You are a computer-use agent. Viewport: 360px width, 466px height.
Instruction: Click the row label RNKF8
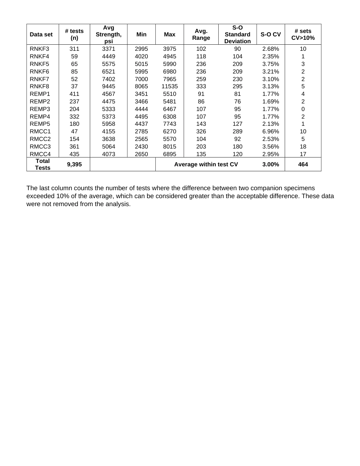point(39,86)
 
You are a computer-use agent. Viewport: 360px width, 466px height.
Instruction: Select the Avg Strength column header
point(108,34)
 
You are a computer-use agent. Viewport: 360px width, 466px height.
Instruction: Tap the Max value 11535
point(169,86)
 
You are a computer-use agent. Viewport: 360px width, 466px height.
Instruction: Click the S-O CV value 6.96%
point(271,131)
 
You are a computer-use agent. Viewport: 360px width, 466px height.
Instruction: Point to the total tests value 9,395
point(74,164)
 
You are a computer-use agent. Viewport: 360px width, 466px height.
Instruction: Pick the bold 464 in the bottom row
point(303,164)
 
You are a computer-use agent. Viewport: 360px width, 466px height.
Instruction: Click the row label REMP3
point(40,109)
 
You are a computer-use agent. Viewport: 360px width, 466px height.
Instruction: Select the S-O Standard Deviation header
point(237,34)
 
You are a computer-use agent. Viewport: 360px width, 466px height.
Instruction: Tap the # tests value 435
point(74,154)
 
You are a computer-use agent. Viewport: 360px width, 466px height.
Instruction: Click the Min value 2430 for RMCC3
point(141,147)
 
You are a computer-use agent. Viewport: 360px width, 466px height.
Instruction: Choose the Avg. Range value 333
point(201,86)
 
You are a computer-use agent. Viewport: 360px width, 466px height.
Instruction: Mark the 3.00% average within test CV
point(271,164)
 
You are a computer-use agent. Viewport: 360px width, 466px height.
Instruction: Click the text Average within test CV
point(206,164)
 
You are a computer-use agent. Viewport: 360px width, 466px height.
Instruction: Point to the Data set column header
point(41,34)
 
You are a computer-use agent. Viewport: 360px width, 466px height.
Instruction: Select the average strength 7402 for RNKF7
point(108,79)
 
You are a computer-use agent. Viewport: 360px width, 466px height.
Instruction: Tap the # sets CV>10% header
point(303,34)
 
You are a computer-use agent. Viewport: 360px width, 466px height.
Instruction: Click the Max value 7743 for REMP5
point(169,124)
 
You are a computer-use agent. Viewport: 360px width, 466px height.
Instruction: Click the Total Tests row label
point(42,164)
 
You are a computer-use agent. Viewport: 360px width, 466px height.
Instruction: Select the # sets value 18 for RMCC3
point(303,147)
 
